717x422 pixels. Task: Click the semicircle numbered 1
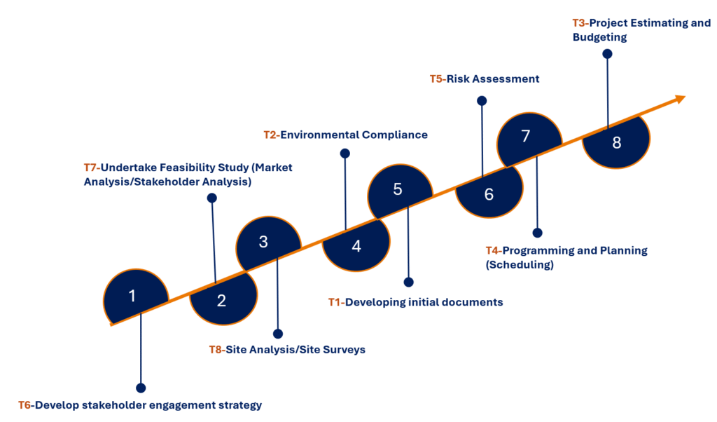[134, 295]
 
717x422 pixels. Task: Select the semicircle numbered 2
[223, 300]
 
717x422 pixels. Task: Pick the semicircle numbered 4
[356, 246]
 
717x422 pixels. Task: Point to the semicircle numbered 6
[489, 193]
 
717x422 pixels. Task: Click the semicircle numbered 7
[528, 137]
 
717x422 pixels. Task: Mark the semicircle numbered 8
[616, 142]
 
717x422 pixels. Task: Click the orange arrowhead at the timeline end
[681, 99]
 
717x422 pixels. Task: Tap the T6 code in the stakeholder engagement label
[25, 405]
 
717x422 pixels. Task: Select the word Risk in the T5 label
[458, 79]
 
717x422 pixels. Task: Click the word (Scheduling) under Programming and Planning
[520, 264]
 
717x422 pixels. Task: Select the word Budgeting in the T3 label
[599, 37]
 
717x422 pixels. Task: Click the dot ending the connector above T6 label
[141, 388]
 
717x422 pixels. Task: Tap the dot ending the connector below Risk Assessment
[482, 101]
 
